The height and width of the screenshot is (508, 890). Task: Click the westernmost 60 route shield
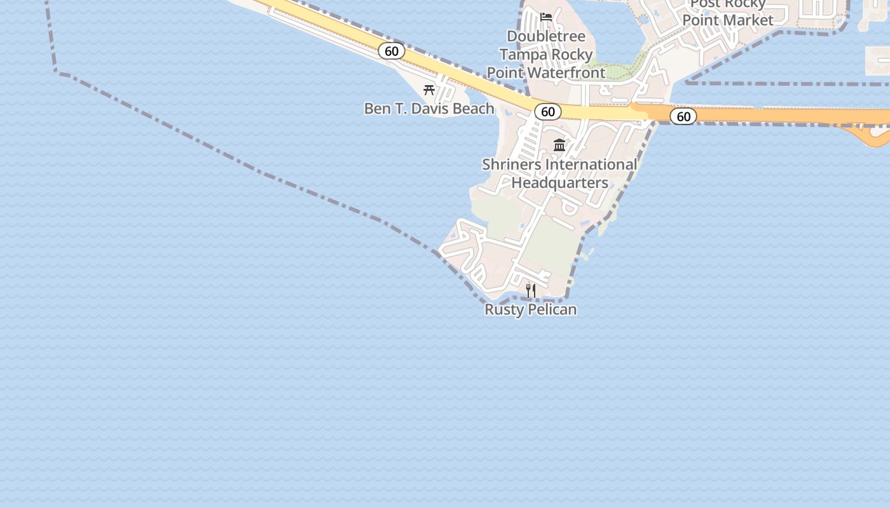392,51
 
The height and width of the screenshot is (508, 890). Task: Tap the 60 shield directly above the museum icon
547,112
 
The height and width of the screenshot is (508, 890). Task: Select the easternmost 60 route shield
683,116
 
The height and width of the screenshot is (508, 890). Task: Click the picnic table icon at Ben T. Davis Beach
429,90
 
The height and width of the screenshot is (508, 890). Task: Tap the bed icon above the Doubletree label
546,17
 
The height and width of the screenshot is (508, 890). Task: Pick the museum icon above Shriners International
559,145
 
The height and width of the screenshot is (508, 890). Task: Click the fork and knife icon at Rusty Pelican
531,291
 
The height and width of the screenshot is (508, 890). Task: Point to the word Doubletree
546,36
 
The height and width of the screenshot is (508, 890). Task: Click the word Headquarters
559,183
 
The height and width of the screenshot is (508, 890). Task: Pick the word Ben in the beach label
376,109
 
